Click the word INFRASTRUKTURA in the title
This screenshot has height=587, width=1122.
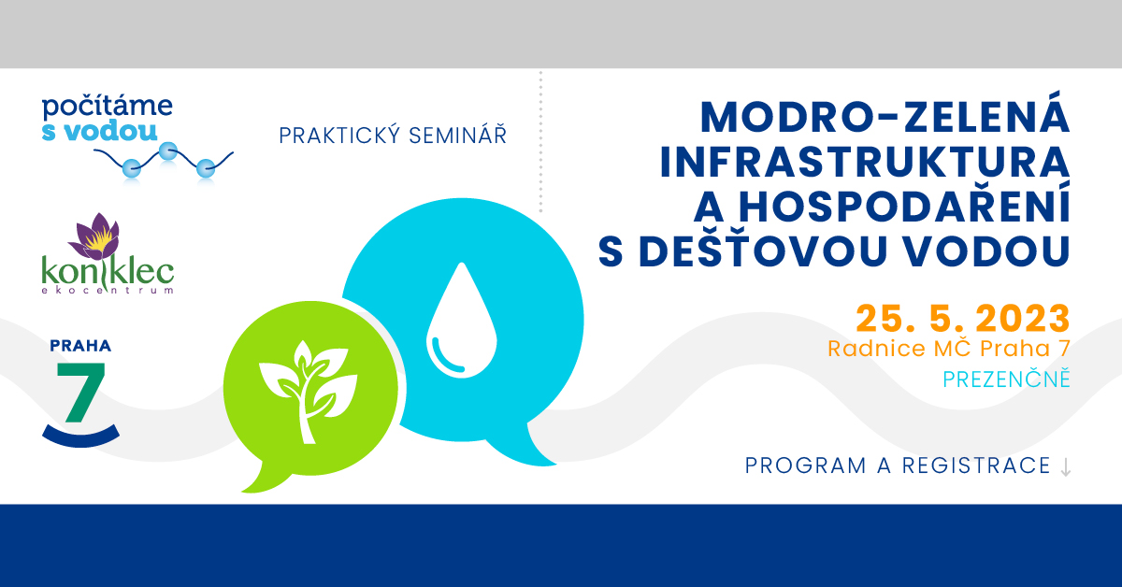tap(865, 163)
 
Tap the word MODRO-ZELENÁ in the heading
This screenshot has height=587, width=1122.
tap(885, 117)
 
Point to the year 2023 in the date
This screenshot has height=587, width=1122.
tap(1023, 319)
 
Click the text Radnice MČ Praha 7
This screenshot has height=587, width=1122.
tap(949, 349)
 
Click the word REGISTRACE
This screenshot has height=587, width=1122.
tap(976, 465)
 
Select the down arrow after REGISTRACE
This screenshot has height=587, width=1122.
tap(1066, 466)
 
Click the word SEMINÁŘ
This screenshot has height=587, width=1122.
tap(458, 136)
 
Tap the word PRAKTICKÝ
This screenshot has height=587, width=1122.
tap(339, 136)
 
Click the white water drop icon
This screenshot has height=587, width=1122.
tap(461, 320)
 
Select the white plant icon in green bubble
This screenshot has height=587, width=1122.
tap(308, 392)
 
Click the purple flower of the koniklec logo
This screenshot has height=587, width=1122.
tap(96, 236)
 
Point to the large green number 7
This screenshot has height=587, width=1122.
tap(80, 393)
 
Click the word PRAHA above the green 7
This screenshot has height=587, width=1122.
tap(80, 346)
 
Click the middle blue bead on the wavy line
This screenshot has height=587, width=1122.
tap(167, 150)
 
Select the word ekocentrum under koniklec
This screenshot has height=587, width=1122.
tap(108, 290)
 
